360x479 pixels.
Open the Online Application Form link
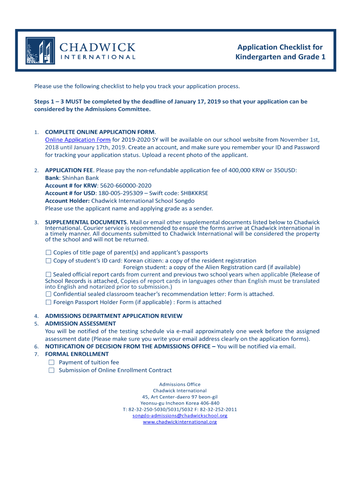tap(78, 140)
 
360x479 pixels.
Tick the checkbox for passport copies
tap(48, 253)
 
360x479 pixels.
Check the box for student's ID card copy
tap(48, 261)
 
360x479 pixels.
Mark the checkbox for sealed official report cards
tap(48, 275)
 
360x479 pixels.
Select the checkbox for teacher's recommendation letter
tap(48, 294)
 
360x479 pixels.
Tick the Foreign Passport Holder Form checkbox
tap(48, 302)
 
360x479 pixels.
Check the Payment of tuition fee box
tap(51, 363)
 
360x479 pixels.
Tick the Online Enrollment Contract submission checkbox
tap(51, 370)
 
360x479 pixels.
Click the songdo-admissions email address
tap(180, 415)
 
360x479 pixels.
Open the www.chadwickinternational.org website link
tap(180, 422)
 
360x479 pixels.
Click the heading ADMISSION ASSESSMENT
tap(80, 324)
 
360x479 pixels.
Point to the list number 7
tap(36, 355)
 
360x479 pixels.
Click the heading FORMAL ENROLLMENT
tap(77, 354)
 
